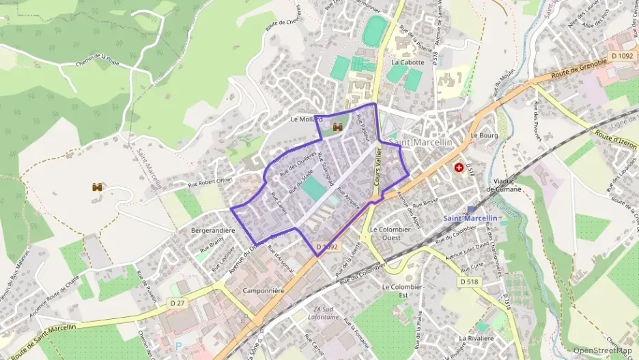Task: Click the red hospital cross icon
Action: tap(459, 167)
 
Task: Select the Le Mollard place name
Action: tap(307, 119)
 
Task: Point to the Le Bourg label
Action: tap(483, 135)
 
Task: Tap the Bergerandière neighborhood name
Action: tap(213, 230)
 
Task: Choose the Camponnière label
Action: tap(264, 290)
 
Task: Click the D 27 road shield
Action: tap(177, 303)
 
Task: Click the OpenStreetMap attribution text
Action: tap(603, 351)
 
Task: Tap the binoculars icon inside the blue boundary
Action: tap(337, 126)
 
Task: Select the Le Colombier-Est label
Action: tap(403, 290)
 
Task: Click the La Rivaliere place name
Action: tap(477, 338)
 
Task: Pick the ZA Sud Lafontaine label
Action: tap(325, 313)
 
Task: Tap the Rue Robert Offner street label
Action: tap(210, 181)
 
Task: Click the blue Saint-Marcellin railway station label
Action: tap(470, 218)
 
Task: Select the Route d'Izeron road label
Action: tap(616, 140)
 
